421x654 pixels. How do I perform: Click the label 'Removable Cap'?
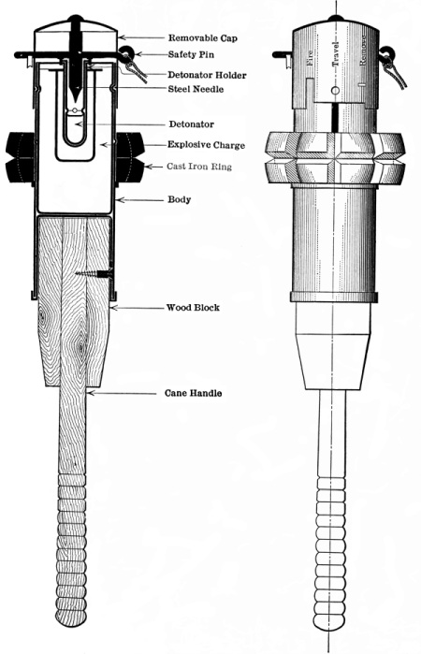[203, 38]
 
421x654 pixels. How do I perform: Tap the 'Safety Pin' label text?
[191, 54]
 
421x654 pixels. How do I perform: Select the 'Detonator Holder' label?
[207, 75]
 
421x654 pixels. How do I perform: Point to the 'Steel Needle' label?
[196, 89]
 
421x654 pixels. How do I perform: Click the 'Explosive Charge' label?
[206, 145]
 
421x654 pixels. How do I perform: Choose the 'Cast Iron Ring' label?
[199, 167]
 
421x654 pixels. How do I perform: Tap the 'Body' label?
[180, 199]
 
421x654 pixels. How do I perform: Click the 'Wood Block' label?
[193, 308]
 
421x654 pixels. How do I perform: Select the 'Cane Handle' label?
[193, 393]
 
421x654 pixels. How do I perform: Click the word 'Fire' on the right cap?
[309, 59]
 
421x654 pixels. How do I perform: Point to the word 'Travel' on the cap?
[335, 54]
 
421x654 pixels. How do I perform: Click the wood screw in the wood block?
[94, 273]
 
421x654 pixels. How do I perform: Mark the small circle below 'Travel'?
[335, 91]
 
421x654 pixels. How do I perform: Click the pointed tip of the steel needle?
[74, 101]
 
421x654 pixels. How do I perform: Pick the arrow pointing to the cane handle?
[121, 393]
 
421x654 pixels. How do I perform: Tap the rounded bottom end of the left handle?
[71, 623]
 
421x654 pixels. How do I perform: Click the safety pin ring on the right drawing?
[386, 53]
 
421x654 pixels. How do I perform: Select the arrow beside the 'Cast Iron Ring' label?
[153, 167]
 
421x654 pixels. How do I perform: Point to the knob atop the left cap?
[76, 18]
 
